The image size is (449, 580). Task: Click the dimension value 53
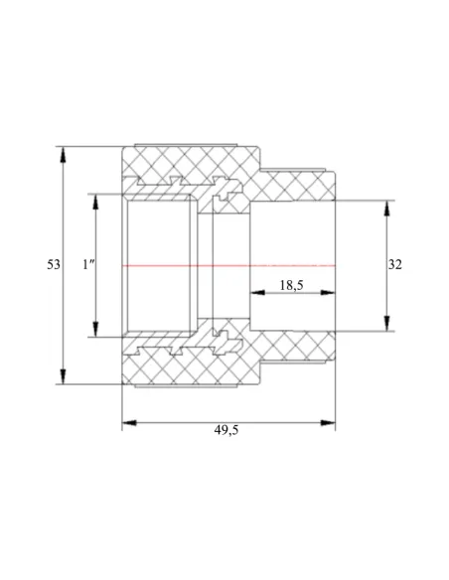[54, 265]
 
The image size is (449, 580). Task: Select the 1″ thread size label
[88, 264]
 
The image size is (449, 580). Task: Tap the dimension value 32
[394, 265]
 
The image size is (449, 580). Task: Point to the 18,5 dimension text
[291, 285]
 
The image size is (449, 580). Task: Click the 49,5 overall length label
[226, 430]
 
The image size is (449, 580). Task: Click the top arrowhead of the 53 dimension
[64, 154]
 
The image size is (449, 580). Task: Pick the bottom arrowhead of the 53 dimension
[64, 376]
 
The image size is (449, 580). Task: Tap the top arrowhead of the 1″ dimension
[95, 202]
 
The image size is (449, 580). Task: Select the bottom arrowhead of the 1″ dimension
[95, 329]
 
